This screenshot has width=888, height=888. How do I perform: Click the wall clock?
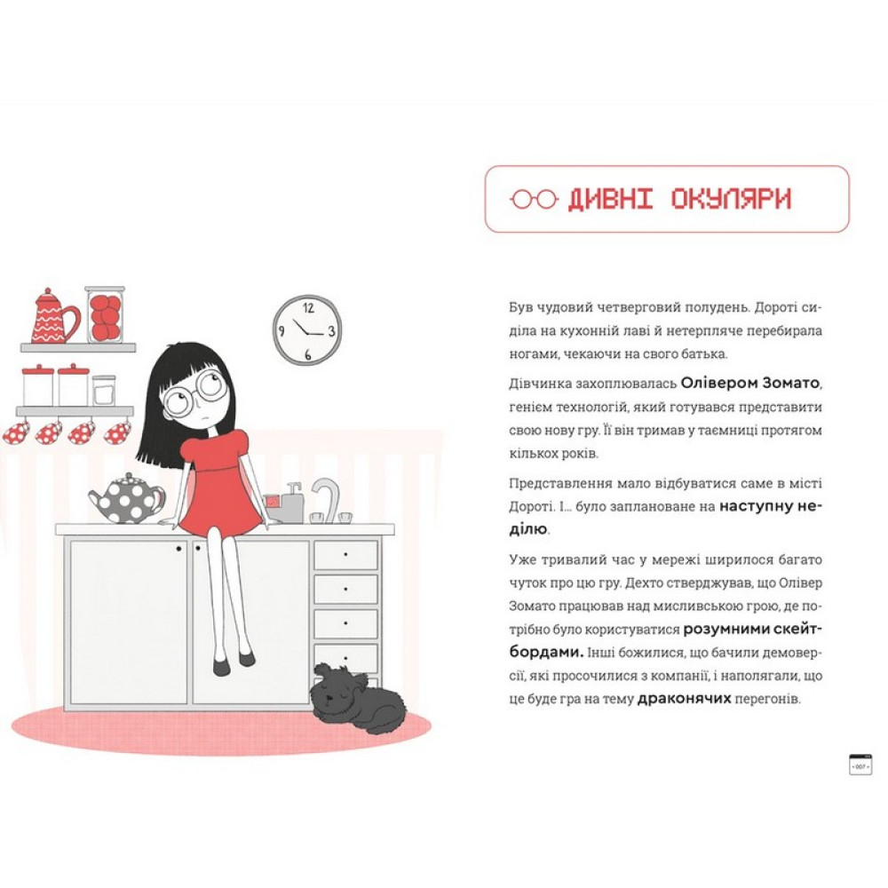click(x=307, y=330)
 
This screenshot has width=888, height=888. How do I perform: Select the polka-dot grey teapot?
click(x=127, y=499)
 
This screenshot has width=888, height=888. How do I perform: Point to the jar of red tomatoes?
click(x=105, y=315)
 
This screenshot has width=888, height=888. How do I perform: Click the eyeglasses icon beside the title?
click(x=534, y=199)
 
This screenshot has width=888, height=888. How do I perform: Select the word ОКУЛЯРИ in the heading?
click(x=731, y=199)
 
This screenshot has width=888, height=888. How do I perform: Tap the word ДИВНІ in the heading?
click(x=610, y=199)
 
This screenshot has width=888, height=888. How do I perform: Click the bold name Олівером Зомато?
click(x=749, y=384)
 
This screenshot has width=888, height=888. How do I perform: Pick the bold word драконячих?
click(x=684, y=698)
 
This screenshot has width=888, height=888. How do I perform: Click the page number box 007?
click(x=860, y=765)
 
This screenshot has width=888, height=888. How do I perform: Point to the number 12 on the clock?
click(x=308, y=308)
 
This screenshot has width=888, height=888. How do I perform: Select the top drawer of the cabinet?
click(x=345, y=554)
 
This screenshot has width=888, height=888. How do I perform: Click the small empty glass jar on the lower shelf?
click(x=104, y=390)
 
